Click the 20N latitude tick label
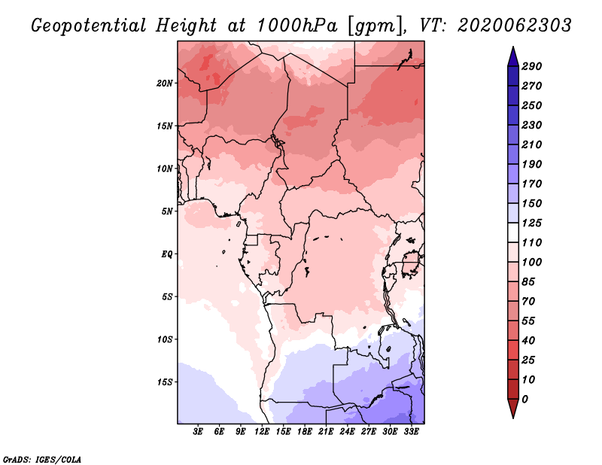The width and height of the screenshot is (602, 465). (164, 84)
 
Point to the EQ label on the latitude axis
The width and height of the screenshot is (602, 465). (166, 254)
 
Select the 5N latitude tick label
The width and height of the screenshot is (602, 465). (167, 211)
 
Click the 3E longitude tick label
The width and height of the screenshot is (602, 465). (198, 432)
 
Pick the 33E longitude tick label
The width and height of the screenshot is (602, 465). (411, 432)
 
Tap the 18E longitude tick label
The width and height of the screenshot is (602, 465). (305, 432)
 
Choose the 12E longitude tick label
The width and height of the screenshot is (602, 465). (262, 432)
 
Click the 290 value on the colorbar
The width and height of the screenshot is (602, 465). (532, 66)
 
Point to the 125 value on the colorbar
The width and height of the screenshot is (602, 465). (532, 223)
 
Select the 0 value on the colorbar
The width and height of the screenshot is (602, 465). (524, 400)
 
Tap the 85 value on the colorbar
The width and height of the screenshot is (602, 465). (528, 282)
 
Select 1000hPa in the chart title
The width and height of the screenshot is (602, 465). (296, 26)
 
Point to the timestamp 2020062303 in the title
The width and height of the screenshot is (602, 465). (515, 26)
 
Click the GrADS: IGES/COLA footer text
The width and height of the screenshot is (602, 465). (42, 460)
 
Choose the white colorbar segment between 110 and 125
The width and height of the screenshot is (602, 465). (513, 232)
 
